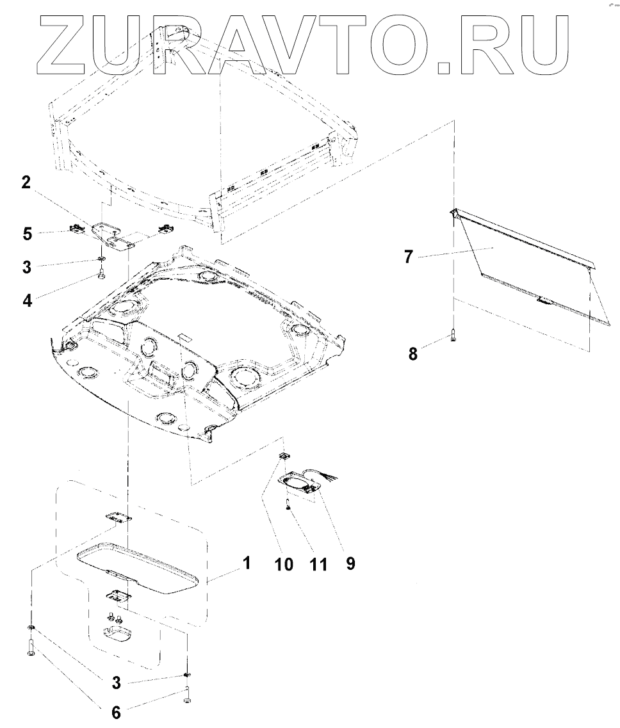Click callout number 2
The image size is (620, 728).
[26, 183]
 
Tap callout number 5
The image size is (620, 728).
[27, 234]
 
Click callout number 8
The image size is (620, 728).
[413, 353]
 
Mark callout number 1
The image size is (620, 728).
[246, 563]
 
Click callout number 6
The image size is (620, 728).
[116, 713]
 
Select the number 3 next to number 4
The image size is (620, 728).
[27, 266]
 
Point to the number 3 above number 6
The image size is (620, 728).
[116, 683]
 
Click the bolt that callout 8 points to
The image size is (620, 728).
[453, 334]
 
